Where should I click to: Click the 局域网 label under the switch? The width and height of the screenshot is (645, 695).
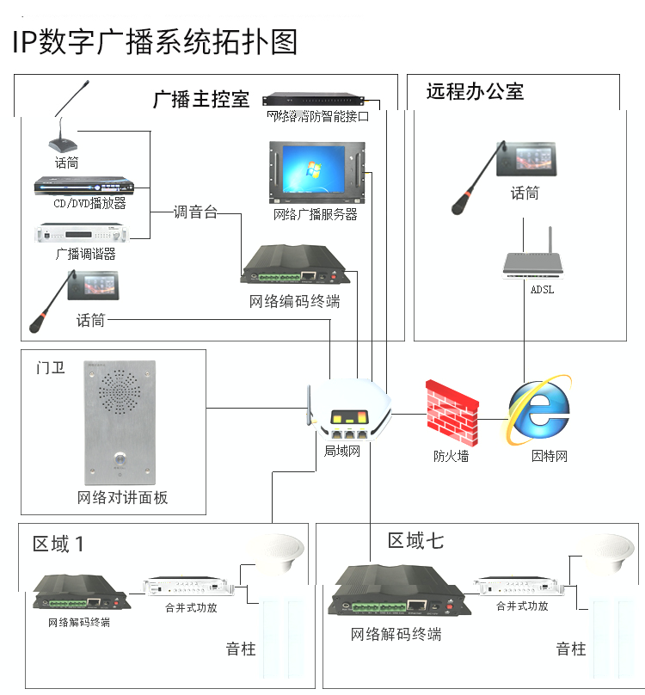tap(341, 451)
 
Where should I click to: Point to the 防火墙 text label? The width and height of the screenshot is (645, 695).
tap(451, 456)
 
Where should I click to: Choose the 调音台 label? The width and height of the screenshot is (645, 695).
tap(195, 212)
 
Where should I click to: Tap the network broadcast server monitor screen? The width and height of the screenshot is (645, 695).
tap(313, 172)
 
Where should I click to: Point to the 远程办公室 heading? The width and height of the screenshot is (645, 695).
tap(475, 92)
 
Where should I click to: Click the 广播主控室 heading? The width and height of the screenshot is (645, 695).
tap(200, 99)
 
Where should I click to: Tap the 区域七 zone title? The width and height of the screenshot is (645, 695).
tap(415, 540)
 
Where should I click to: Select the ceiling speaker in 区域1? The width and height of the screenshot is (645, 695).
tap(276, 555)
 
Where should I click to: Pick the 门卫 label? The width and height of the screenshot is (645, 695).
tap(50, 368)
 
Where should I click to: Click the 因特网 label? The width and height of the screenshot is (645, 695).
tap(550, 456)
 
